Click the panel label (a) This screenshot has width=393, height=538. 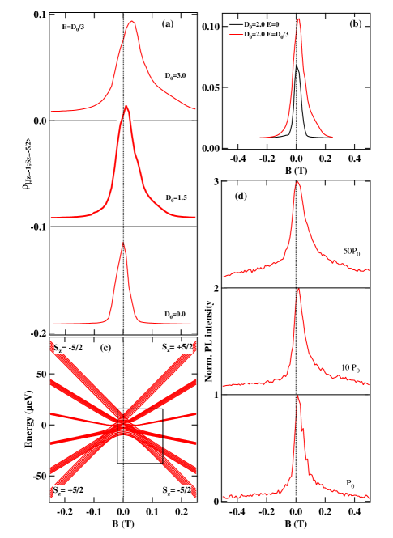[168, 23]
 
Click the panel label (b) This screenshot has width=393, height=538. [355, 23]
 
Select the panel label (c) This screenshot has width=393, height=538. [105, 347]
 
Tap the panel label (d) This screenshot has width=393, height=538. [241, 195]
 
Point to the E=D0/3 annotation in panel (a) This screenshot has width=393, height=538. [73, 27]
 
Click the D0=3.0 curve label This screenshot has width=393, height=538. [176, 76]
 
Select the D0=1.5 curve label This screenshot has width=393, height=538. [176, 197]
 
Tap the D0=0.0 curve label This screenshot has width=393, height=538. [175, 314]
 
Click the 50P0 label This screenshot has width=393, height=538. [352, 252]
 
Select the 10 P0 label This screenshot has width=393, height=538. [349, 368]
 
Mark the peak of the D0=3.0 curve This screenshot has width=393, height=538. [131, 22]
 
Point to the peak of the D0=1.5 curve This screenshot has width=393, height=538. [126, 106]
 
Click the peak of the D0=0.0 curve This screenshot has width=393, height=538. [123, 243]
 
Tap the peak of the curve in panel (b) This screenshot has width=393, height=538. [299, 19]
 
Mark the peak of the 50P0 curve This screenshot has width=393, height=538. [297, 182]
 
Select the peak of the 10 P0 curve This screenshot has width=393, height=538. [299, 289]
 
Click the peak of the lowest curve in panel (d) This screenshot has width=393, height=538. [298, 396]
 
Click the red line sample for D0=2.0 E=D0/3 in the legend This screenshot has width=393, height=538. [236, 35]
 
